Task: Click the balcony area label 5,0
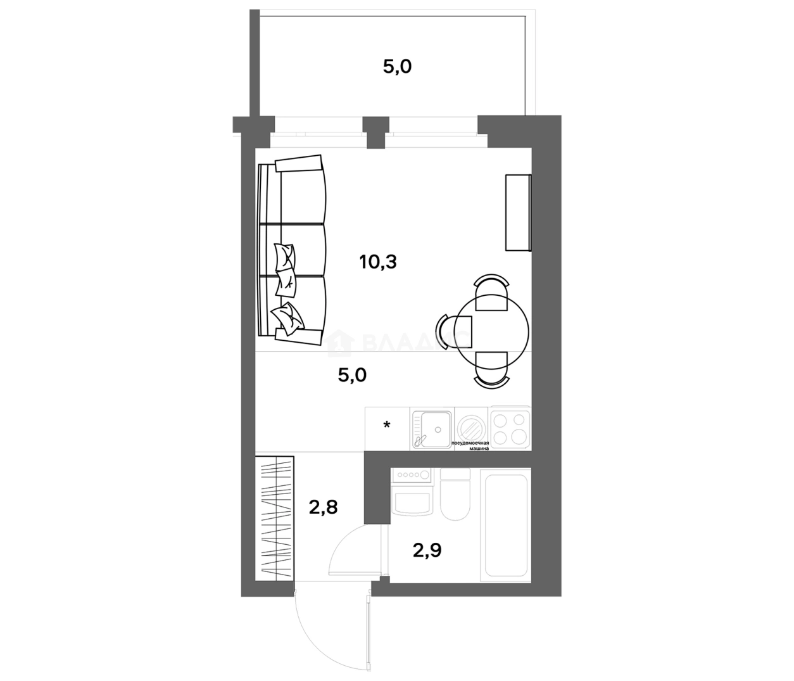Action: [397, 67]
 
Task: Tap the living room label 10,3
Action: [378, 261]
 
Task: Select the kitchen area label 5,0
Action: [352, 375]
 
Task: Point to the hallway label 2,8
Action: [323, 507]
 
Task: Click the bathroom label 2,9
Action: [427, 550]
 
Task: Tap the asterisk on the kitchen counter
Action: [386, 425]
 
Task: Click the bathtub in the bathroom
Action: [505, 525]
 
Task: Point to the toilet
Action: [455, 494]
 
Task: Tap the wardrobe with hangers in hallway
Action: [276, 518]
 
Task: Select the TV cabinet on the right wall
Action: [517, 212]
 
